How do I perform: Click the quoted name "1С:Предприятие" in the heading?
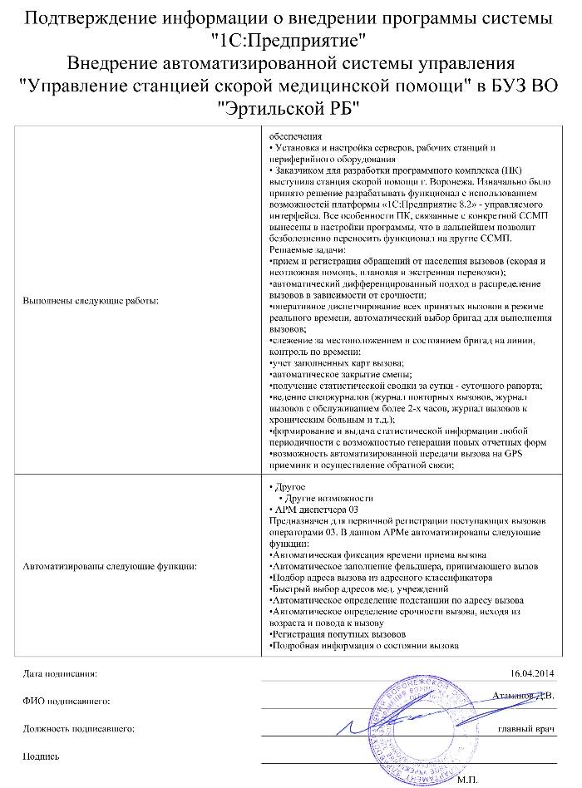(289, 39)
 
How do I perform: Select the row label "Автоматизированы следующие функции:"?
(109, 565)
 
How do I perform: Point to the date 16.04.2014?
(531, 672)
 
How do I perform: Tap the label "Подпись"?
(42, 756)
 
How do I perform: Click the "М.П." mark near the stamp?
(468, 781)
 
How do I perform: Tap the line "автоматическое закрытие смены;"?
(329, 375)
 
